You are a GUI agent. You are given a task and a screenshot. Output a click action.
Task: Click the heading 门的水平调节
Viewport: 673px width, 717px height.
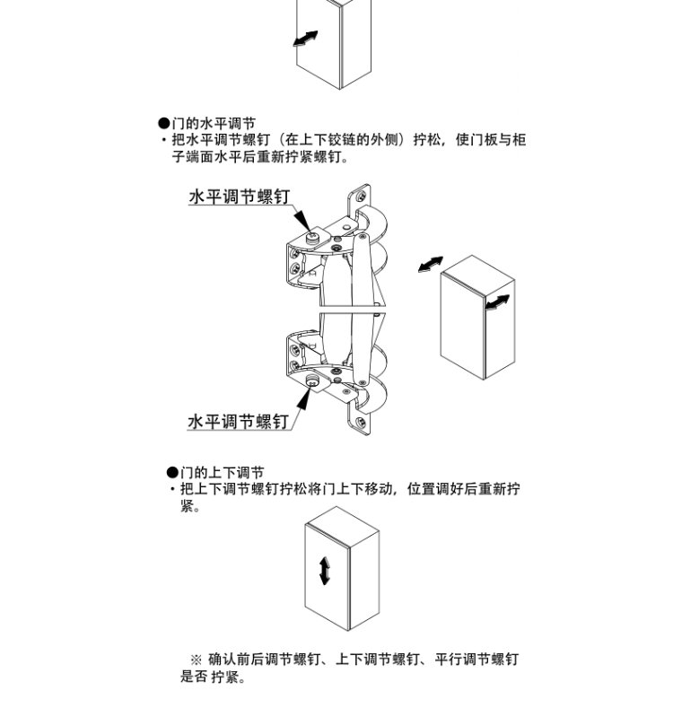point(214,124)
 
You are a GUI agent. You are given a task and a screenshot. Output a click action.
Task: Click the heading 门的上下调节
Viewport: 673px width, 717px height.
point(223,472)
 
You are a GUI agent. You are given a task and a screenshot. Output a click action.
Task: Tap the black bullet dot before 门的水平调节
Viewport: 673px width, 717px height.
point(163,124)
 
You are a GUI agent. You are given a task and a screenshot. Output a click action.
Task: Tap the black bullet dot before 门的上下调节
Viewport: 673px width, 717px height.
point(172,472)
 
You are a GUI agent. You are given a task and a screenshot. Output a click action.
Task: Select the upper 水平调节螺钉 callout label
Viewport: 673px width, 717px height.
point(240,197)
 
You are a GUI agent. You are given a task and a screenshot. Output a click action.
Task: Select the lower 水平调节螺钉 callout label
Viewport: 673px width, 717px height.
point(238,421)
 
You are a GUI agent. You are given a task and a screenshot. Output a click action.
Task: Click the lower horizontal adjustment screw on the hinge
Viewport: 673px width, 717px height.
point(312,380)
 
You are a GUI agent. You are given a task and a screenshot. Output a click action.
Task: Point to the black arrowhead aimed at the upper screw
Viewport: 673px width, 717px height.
point(303,221)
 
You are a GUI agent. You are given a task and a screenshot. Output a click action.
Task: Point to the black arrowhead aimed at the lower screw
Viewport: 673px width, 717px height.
point(302,398)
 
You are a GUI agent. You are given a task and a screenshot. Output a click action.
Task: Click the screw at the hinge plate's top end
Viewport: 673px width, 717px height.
point(362,197)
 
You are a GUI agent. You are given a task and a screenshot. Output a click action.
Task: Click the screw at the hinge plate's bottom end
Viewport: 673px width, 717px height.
point(361,422)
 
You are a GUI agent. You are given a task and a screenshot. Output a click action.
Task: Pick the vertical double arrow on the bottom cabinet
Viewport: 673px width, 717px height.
point(325,571)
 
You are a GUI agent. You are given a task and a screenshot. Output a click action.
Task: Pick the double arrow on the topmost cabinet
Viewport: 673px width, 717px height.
point(305,39)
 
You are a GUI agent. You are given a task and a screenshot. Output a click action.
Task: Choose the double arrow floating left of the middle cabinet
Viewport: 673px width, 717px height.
point(431,265)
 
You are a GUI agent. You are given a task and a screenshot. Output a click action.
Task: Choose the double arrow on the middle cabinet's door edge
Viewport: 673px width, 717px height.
point(497,302)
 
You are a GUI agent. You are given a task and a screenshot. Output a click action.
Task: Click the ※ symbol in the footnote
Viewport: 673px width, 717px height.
point(197,660)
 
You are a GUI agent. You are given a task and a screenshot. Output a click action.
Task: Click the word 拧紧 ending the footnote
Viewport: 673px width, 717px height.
point(225,677)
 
